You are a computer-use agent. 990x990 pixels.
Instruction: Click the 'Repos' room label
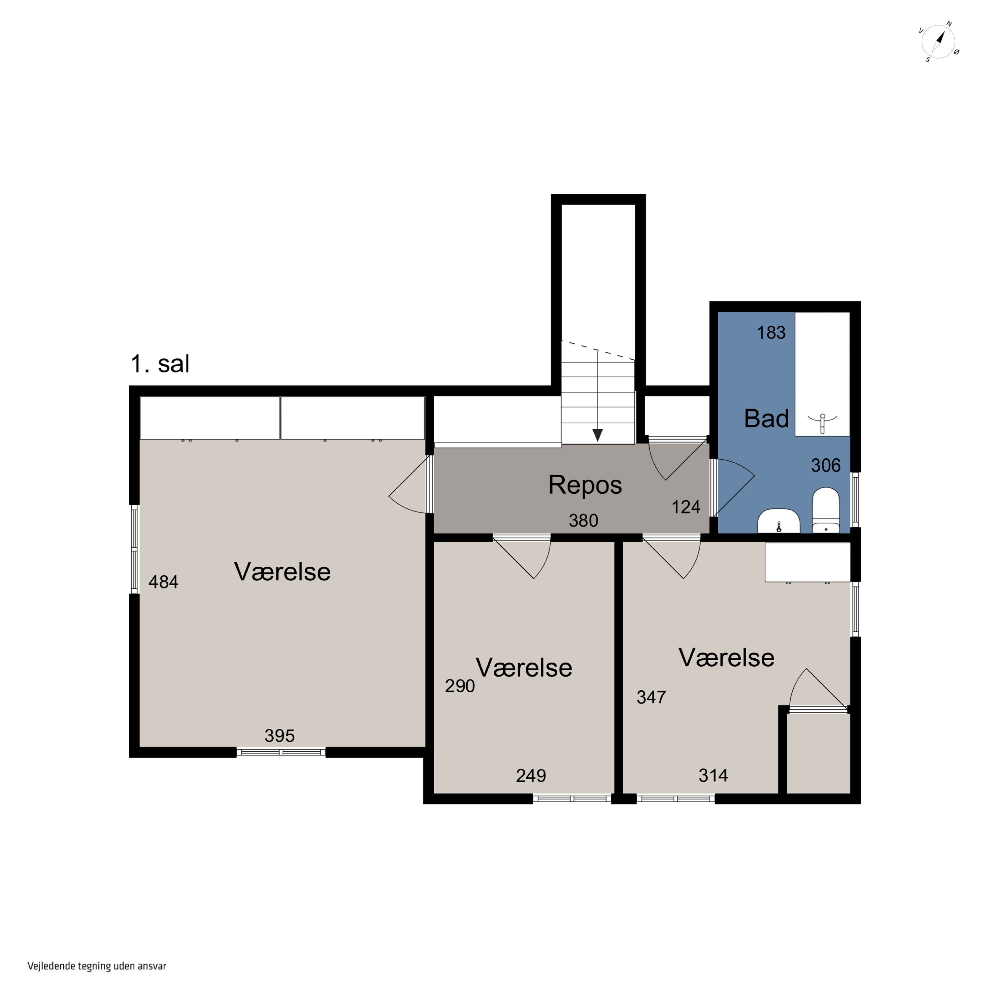585,485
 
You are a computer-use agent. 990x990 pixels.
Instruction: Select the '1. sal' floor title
160,364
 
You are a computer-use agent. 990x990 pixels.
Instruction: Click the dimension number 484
163,582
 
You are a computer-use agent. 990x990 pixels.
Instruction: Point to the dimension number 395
280,736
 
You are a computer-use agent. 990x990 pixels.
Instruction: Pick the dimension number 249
531,776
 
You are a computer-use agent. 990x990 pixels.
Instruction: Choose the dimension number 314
713,775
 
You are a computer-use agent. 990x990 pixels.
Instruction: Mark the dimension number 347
651,697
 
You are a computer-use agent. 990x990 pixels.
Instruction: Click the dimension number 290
460,686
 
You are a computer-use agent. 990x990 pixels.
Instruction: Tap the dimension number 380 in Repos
584,521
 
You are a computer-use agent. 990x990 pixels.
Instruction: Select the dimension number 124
686,507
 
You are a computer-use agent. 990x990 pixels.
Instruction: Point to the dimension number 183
771,333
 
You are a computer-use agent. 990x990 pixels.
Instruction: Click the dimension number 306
826,465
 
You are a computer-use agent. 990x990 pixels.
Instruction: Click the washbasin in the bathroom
778,521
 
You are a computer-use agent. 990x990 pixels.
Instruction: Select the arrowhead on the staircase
598,435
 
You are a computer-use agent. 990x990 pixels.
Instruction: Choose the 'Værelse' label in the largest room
282,572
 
